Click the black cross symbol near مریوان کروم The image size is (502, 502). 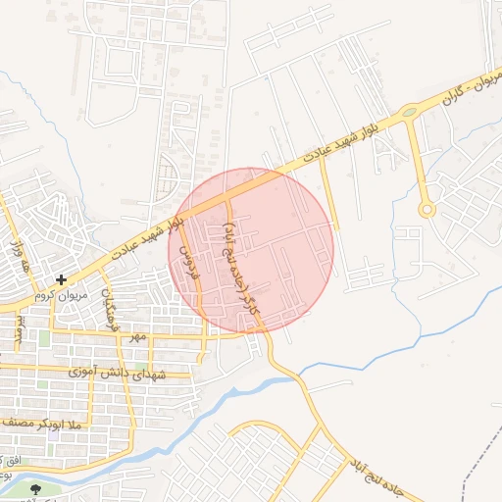click(x=62, y=279)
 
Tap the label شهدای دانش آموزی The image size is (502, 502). click(x=118, y=374)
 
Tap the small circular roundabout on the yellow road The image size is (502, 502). click(x=426, y=209)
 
